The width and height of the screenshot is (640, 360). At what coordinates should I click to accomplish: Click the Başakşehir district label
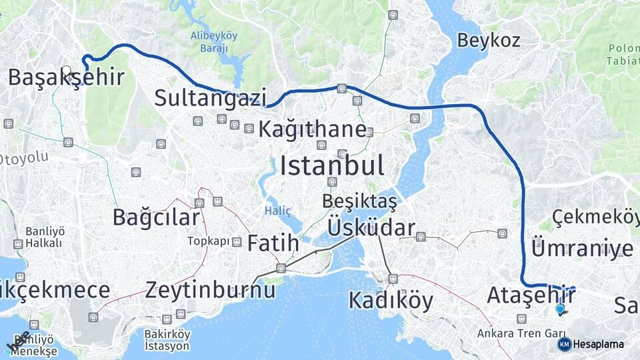(x=66, y=77)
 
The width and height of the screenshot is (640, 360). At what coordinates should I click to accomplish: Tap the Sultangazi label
(x=210, y=97)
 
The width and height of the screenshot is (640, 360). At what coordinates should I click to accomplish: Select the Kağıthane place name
(x=312, y=129)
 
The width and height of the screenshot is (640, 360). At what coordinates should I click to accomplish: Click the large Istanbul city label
(x=331, y=165)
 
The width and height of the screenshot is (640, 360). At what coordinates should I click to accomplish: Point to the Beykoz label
(x=488, y=40)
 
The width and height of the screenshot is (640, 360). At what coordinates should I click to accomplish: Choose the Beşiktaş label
(x=359, y=201)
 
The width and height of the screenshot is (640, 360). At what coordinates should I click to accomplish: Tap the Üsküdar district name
(x=371, y=228)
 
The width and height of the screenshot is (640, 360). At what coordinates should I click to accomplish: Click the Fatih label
(x=273, y=243)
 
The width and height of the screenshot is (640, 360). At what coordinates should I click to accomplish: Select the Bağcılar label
(x=156, y=217)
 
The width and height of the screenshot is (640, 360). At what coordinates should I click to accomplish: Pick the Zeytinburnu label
(x=210, y=290)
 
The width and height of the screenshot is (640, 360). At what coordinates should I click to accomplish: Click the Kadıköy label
(x=391, y=301)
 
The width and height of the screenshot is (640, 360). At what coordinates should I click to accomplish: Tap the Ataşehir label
(x=531, y=295)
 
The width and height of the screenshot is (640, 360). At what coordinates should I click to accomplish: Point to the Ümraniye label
(x=582, y=249)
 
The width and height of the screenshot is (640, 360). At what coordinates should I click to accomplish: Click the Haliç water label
(x=278, y=211)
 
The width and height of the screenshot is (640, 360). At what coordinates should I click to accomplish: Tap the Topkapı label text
(x=208, y=241)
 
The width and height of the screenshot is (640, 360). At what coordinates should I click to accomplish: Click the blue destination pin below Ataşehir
(x=560, y=309)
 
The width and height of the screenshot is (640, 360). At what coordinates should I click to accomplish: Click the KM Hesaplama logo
(x=591, y=344)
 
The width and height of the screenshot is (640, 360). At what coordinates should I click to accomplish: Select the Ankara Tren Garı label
(x=521, y=333)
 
